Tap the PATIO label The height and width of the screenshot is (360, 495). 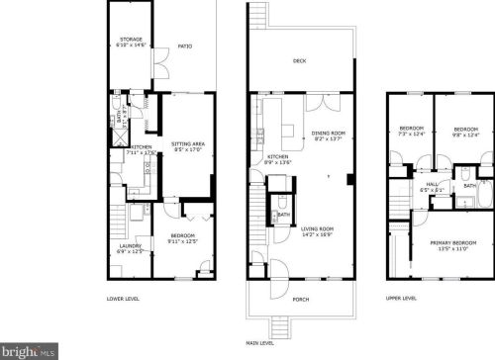point(184,46)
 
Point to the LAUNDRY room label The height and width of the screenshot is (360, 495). point(131,248)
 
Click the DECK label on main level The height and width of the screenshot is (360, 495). point(299,60)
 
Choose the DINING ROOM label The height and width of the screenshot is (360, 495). point(329,135)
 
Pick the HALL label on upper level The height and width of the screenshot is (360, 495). point(433,185)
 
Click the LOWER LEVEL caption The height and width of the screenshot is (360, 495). point(123,299)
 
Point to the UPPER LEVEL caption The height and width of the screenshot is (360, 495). point(402,299)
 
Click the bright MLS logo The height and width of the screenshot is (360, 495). point(27,349)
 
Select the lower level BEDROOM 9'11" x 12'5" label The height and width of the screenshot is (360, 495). point(183,237)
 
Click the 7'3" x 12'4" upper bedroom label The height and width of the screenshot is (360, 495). point(412,133)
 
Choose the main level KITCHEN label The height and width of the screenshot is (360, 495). point(277,159)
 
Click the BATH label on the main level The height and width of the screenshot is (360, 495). point(284,215)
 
